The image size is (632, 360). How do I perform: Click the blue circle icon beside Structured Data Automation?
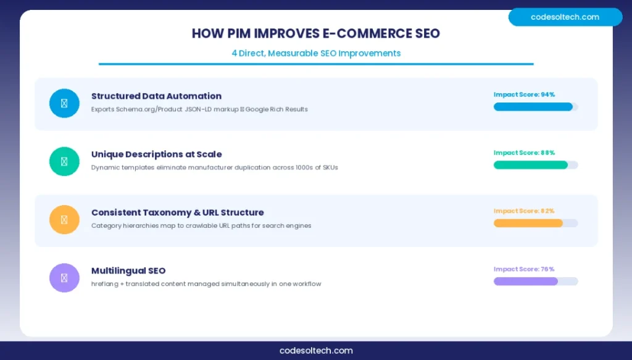coord(64,103)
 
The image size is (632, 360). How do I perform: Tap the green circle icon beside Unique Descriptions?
coord(64,161)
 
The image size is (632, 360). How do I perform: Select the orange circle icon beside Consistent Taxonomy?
coord(64,220)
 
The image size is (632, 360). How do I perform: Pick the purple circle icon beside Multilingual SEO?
coord(64,278)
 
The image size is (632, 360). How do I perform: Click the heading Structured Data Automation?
coord(156,96)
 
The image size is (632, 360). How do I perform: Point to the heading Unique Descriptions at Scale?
coord(156,154)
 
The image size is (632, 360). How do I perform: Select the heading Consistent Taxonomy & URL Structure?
coord(177,212)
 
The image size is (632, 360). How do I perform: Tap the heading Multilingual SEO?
coord(128,270)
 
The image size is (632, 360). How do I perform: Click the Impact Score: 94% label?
coord(524,94)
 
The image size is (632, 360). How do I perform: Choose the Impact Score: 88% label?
coord(524,153)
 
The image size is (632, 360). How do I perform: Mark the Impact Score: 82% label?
coord(524,211)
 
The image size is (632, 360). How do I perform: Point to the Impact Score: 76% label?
coord(524,269)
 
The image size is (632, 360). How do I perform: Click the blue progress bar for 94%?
coord(533,107)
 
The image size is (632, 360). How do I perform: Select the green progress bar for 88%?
coord(531,165)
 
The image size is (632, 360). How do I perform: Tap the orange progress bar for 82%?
coord(528,223)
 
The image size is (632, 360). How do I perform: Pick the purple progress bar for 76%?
coord(526,281)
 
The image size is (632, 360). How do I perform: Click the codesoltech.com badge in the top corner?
coord(565,17)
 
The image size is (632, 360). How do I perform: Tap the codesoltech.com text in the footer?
coord(316,350)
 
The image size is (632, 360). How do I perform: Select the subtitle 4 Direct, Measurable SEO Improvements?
coord(316,53)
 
